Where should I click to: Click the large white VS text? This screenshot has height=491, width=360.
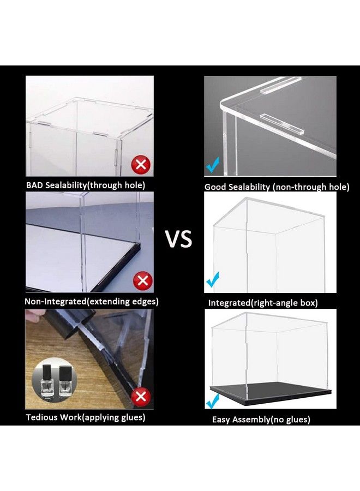(179, 239)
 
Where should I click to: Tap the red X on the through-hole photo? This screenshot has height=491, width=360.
(141, 164)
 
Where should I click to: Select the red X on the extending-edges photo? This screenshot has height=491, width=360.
(143, 280)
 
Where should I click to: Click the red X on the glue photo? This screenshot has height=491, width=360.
(141, 397)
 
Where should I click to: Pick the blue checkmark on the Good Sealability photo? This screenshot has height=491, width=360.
(213, 165)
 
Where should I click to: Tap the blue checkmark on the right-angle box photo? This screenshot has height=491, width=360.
(213, 280)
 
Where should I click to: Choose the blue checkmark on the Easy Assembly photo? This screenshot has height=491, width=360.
(213, 401)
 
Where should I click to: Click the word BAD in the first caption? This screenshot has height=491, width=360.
(34, 185)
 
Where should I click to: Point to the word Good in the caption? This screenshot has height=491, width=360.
(215, 187)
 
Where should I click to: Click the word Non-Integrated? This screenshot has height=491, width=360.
(55, 302)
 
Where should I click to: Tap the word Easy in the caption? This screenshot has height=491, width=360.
(221, 420)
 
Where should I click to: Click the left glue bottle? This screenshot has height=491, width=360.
(48, 380)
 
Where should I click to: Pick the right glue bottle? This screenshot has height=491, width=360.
(65, 381)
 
